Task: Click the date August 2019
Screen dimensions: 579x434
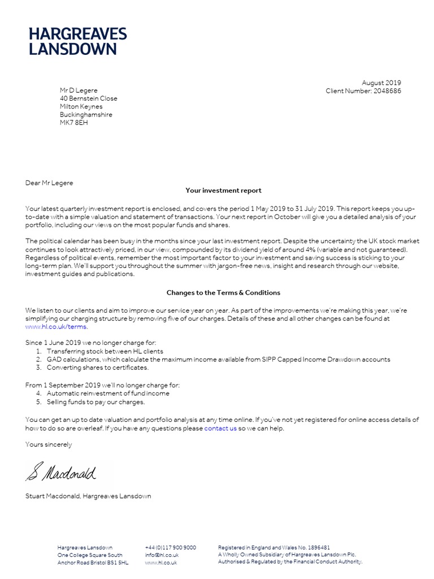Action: pyautogui.click(x=381, y=83)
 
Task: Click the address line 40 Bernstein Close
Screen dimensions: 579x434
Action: pyautogui.click(x=88, y=98)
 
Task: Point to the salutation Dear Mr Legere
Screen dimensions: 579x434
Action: pyautogui.click(x=49, y=183)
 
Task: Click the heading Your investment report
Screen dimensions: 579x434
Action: pyautogui.click(x=223, y=191)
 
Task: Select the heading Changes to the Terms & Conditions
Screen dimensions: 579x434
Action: pyautogui.click(x=223, y=293)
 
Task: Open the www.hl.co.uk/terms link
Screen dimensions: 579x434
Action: pyautogui.click(x=57, y=327)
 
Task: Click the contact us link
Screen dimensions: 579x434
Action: pyautogui.click(x=220, y=428)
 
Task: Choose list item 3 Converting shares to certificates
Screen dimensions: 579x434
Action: pyautogui.click(x=97, y=368)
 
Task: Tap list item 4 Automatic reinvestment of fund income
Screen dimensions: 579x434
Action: pyautogui.click(x=107, y=393)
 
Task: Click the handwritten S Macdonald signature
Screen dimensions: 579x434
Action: pyautogui.click(x=61, y=470)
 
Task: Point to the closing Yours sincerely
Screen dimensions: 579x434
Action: pyautogui.click(x=49, y=444)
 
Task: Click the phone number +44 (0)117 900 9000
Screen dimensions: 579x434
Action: pyautogui.click(x=171, y=547)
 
